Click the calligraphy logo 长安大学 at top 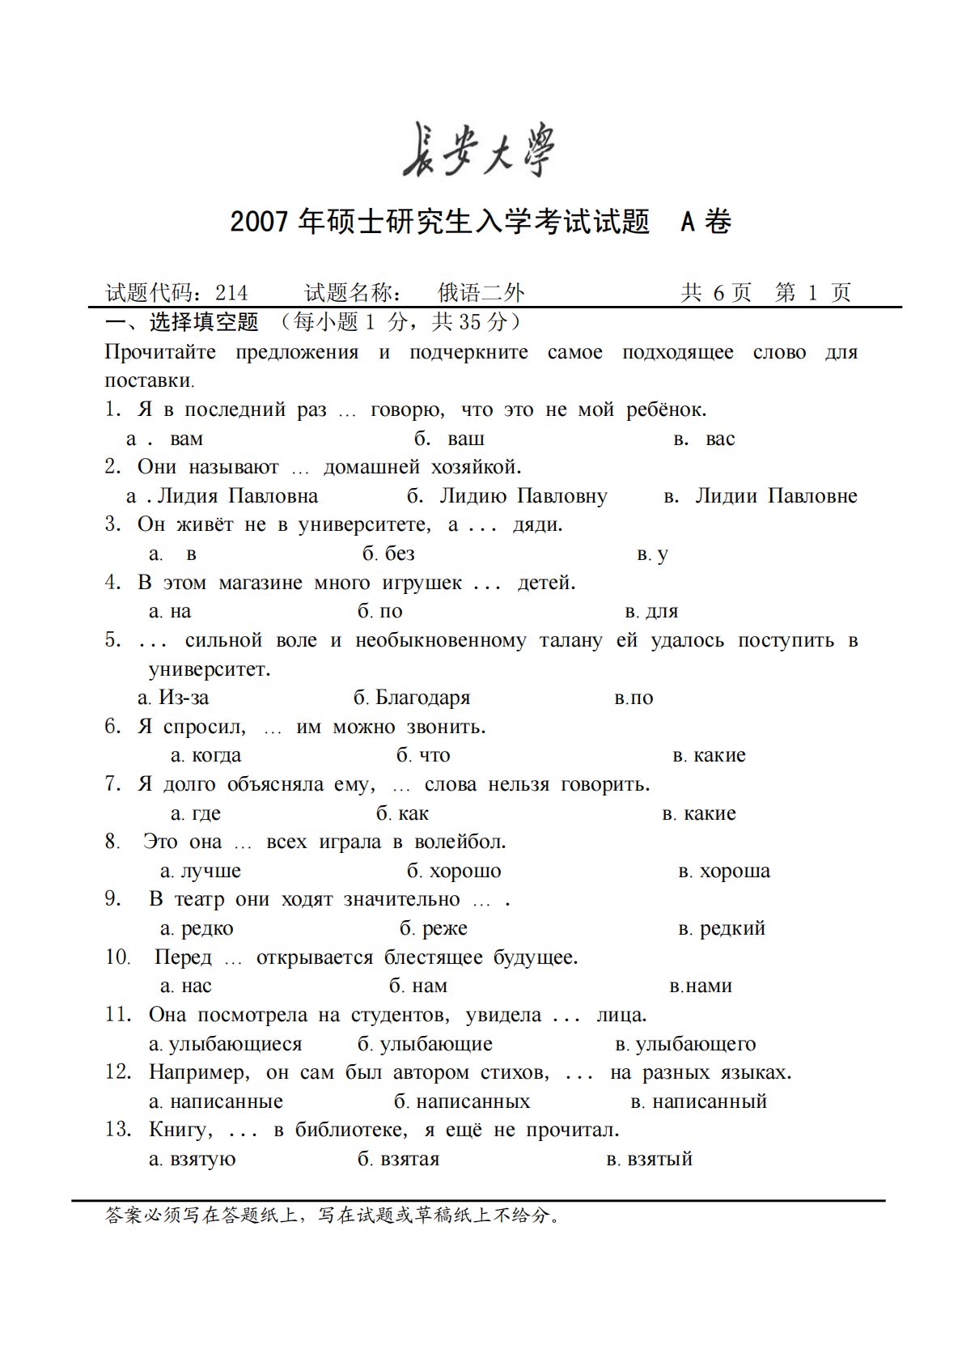(x=479, y=151)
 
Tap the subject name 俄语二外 (x=481, y=293)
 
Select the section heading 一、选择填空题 (x=182, y=322)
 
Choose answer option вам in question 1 (x=186, y=439)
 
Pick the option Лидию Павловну (x=523, y=496)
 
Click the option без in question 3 (x=400, y=554)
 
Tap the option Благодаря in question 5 (x=422, y=698)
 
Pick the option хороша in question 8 (x=735, y=872)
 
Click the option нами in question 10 (x=709, y=986)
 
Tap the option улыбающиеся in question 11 (x=235, y=1045)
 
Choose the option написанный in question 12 (x=709, y=1102)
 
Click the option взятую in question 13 (x=202, y=1160)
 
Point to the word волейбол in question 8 (x=460, y=842)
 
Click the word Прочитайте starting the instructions (x=160, y=353)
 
